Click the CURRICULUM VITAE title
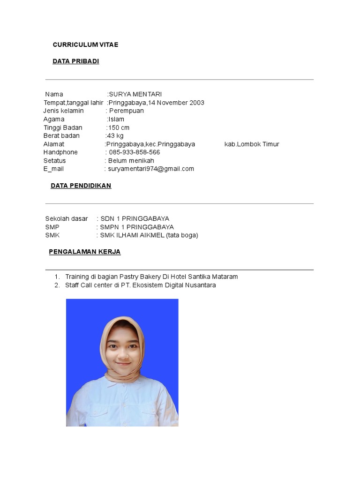[x=85, y=45]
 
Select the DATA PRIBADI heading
[x=75, y=61]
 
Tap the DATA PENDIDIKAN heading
[x=81, y=186]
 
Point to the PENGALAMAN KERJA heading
[x=84, y=252]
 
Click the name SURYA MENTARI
[x=135, y=94]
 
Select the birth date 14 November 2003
[x=176, y=103]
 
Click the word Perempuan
[x=127, y=111]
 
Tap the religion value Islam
[x=116, y=119]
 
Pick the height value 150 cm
[x=119, y=127]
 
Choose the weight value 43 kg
[x=115, y=135]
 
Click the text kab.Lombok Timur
[x=252, y=144]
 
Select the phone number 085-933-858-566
[x=134, y=152]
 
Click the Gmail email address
[x=151, y=169]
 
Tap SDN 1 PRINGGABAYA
[x=135, y=218]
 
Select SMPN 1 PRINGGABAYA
[x=137, y=227]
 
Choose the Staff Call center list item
[x=141, y=285]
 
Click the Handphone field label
[x=60, y=152]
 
